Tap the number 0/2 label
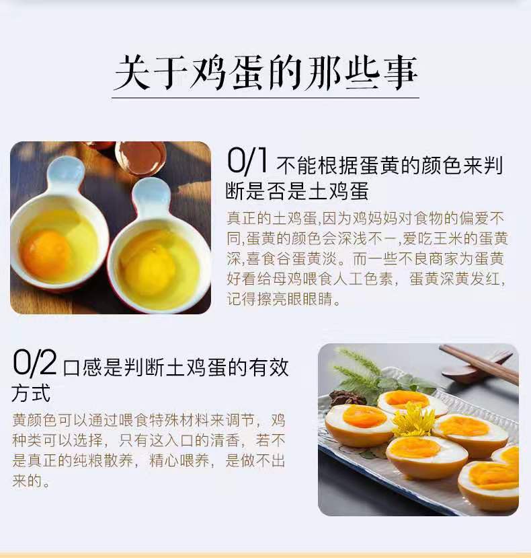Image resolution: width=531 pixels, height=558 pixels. pos(34,363)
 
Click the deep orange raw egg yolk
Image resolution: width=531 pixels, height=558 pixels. pos(45,251)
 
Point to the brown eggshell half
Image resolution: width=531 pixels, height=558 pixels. pos(140,157)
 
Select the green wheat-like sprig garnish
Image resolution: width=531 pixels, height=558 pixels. pos(359,370)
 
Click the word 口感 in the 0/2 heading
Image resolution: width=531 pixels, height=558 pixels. pos(83,368)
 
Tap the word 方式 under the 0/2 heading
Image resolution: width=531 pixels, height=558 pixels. pos(31,393)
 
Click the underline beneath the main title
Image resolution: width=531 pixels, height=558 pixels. pos(265,98)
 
